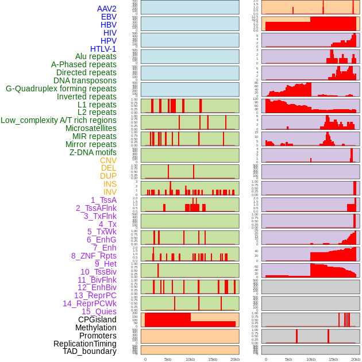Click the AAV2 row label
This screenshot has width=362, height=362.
tap(107, 9)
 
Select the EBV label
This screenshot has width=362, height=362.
tap(109, 17)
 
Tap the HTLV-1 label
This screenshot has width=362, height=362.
tap(103, 49)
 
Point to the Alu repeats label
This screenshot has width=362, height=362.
tap(96, 56)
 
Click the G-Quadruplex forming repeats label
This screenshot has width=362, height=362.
tap(61, 88)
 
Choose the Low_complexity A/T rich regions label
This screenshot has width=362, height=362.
tap(59, 120)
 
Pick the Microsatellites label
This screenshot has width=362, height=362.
tap(91, 128)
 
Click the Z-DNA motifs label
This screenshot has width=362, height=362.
tap(93, 152)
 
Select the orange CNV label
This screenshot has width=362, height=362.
tap(108, 160)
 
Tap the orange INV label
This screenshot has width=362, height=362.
tap(110, 192)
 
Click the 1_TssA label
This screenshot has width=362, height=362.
tap(103, 200)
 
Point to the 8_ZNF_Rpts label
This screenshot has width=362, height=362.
tap(94, 256)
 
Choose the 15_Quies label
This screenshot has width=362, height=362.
tap(99, 311)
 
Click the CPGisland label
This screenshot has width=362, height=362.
tap(97, 319)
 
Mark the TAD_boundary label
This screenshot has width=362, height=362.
tap(90, 351)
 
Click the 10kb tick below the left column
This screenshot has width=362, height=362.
tap(190, 359)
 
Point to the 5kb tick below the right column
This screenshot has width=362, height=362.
tap(288, 359)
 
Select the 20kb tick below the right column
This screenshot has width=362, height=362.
tap(356, 359)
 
